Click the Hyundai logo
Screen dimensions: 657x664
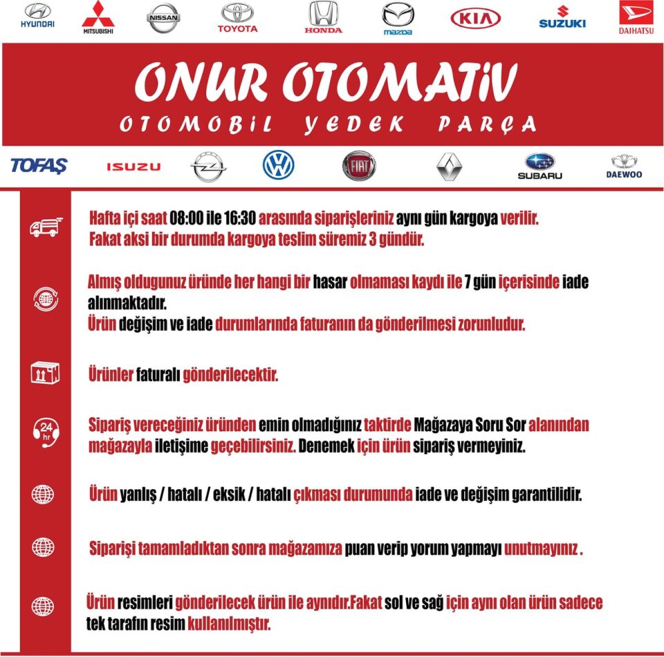(37, 16)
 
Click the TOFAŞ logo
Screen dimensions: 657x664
(39, 166)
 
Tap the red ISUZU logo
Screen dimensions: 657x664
(133, 166)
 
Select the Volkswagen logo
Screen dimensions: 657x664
(279, 166)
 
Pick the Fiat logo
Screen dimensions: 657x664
(359, 166)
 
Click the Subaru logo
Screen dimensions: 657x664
(539, 166)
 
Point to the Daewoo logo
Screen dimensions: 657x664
(624, 166)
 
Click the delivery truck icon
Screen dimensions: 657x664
(46, 227)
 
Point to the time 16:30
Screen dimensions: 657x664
(240, 218)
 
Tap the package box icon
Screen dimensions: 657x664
(45, 373)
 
